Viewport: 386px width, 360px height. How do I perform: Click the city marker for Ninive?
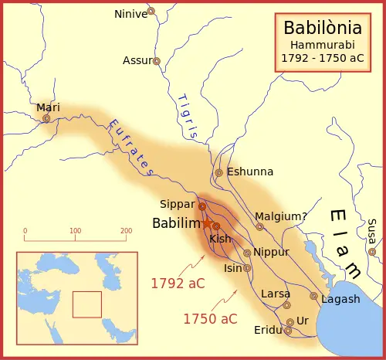coord(151,12)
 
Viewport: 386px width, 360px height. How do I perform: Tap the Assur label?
coord(137,60)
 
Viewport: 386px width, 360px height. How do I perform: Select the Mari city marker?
coord(46,118)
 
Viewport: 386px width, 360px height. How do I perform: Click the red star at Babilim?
coord(207,223)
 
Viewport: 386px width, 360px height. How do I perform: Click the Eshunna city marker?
coord(219,172)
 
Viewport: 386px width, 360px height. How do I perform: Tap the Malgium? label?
coord(281,217)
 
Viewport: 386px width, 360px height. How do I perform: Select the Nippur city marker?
coord(247,253)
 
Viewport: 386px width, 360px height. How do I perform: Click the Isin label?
coord(232,269)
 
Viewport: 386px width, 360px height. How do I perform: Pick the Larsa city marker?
coord(286,305)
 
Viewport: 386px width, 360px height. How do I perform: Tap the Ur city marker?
coord(289,322)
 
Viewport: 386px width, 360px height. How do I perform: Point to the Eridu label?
coord(269,331)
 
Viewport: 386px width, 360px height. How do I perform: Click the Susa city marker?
coord(372,251)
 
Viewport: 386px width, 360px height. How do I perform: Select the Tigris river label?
coord(187,116)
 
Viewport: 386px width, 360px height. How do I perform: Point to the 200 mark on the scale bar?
coord(126,231)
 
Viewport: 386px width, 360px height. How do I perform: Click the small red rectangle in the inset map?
coord(86,304)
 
